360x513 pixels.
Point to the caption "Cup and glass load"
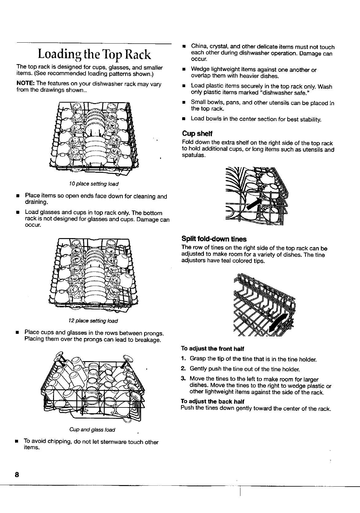click(x=92, y=430)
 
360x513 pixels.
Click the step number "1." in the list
click(x=183, y=359)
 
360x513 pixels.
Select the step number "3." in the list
click(x=183, y=379)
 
